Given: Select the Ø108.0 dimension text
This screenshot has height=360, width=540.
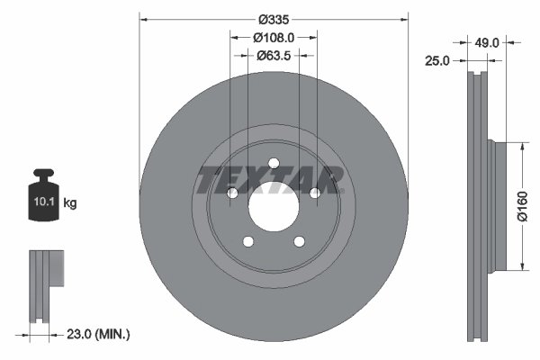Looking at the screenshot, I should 274,38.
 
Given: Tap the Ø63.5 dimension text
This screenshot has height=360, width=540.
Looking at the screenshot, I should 274,55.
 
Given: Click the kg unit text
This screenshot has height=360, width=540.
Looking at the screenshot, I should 70,203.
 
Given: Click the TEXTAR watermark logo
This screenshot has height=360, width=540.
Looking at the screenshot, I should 271,180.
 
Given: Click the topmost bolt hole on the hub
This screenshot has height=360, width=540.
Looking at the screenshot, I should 273,163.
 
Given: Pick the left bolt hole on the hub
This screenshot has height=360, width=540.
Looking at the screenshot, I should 231,193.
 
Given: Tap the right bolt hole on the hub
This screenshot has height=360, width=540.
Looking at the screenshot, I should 315,193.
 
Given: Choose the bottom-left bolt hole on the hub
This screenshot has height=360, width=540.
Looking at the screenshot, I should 247,241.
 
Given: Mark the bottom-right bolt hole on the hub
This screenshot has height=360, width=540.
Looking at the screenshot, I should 299,241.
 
